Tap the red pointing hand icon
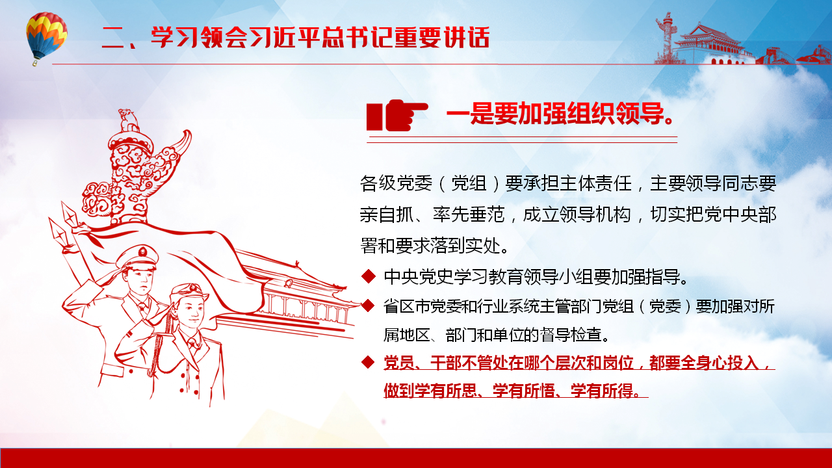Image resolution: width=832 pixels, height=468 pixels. pos(397,115)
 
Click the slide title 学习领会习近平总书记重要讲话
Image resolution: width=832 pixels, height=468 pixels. pos(320,38)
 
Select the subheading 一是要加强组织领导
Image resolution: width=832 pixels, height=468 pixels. pos(560,113)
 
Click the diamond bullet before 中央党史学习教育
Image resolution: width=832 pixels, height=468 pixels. pos(368,276)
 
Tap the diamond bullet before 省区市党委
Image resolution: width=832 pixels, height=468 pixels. pos(368,305)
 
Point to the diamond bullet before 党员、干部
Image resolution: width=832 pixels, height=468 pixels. pos(368,362)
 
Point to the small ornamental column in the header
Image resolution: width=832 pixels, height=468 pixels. pos(668,38)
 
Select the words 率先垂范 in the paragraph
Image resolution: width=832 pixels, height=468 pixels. pos(469,214)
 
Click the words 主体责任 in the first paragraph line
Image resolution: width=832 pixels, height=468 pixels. pos(595,183)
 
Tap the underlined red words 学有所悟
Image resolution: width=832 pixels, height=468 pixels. pos(524,391)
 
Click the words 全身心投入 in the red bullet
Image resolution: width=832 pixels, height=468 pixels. pos(720,363)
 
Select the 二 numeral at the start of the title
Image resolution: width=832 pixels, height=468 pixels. pos(113,38)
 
